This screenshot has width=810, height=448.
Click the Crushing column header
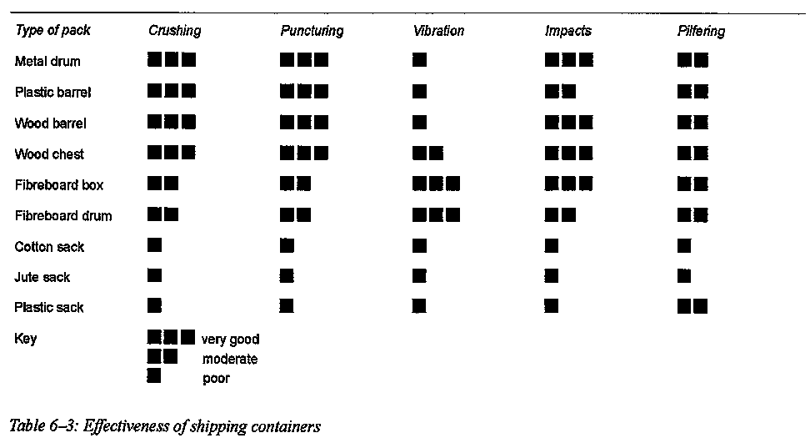(174, 31)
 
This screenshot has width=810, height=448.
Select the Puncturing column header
(312, 31)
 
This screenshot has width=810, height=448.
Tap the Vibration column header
(438, 31)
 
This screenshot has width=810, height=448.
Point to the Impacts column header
(567, 31)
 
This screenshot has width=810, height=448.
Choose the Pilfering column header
(701, 31)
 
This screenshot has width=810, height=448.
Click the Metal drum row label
(47, 61)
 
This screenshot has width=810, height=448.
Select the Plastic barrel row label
(52, 92)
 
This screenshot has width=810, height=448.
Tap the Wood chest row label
(49, 154)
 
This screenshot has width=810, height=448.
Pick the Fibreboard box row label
(59, 184)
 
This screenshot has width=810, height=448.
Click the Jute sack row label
(42, 277)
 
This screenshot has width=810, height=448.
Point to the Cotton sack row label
(49, 247)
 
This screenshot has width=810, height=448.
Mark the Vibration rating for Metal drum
(419, 60)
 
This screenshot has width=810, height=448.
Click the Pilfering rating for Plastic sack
(692, 307)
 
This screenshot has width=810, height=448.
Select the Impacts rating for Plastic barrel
(560, 92)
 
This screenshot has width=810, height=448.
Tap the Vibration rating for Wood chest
(427, 154)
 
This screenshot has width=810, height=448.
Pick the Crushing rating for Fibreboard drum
(162, 215)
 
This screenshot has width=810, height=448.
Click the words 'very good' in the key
(230, 340)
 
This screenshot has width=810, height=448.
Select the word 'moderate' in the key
(230, 359)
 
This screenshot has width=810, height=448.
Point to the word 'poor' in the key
(216, 378)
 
